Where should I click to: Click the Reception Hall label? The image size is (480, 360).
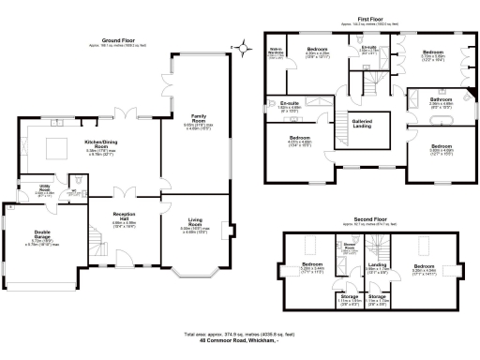pyautogui.click(x=124, y=217)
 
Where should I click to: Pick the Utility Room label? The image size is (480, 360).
pyautogui.click(x=45, y=188)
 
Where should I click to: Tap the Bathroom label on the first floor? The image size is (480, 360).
pyautogui.click(x=441, y=100)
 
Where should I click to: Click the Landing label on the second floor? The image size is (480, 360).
pyautogui.click(x=377, y=266)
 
